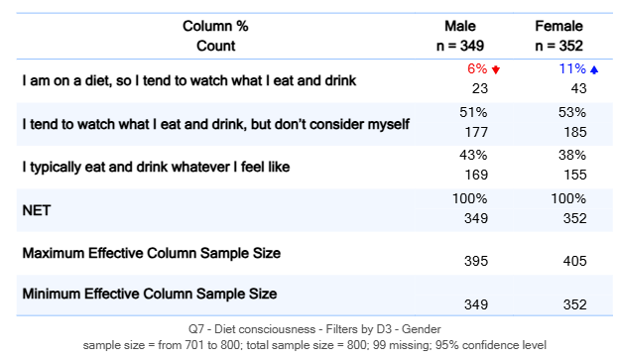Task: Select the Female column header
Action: [558, 27]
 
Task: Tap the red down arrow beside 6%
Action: [496, 70]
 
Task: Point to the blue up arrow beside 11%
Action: [594, 70]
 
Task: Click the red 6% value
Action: [477, 69]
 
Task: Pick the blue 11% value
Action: [572, 69]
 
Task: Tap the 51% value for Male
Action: [473, 112]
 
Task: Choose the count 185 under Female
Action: [573, 132]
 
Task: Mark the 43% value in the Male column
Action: [473, 155]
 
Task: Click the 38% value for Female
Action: [572, 155]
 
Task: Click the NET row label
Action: [38, 210]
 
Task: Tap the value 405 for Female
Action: [573, 261]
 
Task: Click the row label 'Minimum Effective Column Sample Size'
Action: [150, 294]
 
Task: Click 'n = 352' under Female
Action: [558, 46]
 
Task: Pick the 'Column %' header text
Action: [215, 27]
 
